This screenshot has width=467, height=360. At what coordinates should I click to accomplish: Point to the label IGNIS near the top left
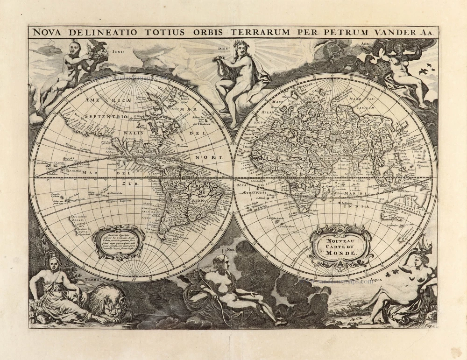tap(118, 52)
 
